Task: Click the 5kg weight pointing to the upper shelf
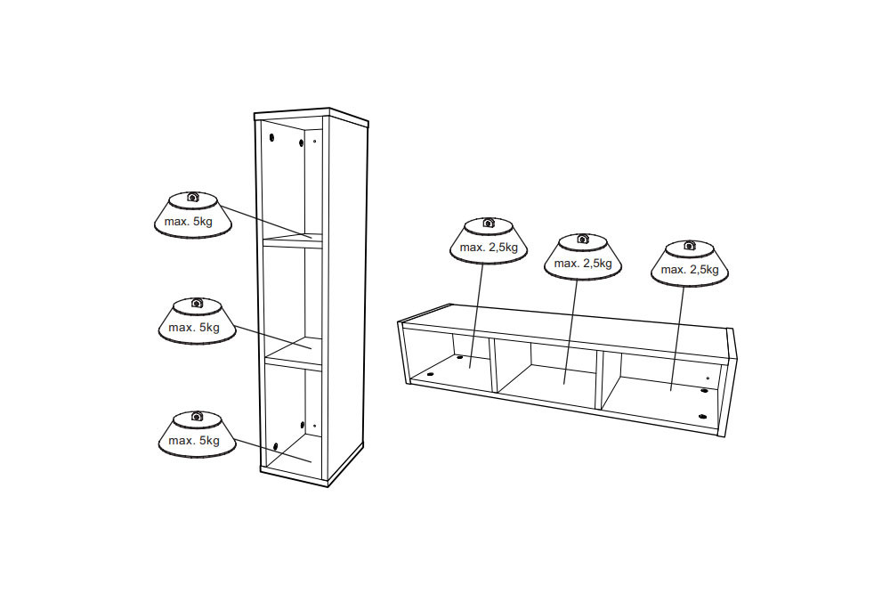193,215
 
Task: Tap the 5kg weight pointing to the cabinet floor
197,435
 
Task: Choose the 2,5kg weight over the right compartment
690,264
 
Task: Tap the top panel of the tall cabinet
311,115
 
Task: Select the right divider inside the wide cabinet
599,379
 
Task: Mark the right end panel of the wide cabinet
728,383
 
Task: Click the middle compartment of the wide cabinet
547,372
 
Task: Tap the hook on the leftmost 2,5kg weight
488,222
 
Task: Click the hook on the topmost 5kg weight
192,197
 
